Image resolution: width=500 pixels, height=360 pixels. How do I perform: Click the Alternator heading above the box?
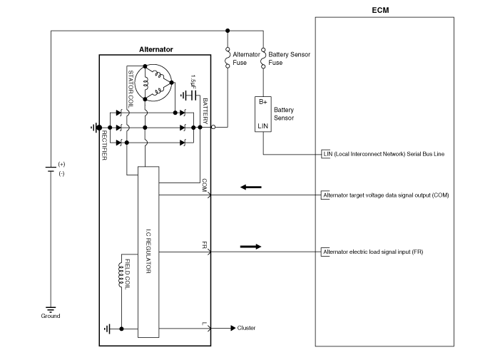click(155, 49)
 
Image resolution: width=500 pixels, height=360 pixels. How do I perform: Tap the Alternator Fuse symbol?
click(227, 54)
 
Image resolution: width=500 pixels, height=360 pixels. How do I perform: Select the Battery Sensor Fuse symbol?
click(263, 54)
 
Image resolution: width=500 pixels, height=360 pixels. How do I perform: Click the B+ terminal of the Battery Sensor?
click(263, 102)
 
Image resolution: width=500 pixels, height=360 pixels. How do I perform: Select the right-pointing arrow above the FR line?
click(250, 247)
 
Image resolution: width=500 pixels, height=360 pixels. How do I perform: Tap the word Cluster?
click(246, 328)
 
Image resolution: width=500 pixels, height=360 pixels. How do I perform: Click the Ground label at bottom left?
click(51, 316)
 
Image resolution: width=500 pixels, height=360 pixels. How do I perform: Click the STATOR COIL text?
click(131, 87)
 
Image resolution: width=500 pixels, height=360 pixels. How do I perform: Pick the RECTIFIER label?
click(105, 145)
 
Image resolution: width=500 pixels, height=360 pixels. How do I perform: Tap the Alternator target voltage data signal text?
click(385, 195)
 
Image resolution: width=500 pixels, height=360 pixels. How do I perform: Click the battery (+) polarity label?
click(61, 164)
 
